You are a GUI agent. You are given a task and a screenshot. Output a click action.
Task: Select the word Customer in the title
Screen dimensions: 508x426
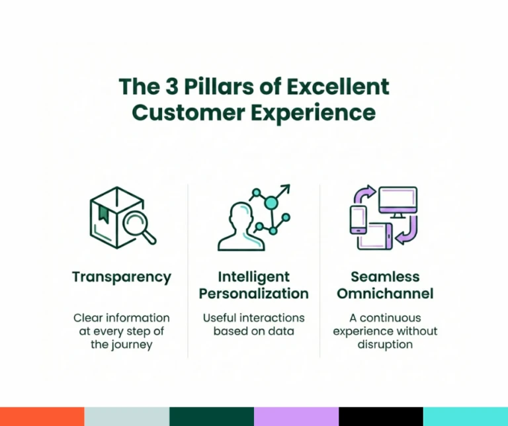[189, 112]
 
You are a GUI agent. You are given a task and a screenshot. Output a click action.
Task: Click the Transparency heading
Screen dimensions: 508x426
[122, 277]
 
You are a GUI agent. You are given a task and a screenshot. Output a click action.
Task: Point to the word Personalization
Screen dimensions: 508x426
[254, 294]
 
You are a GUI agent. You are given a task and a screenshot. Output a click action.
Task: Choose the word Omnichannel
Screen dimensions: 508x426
[385, 294]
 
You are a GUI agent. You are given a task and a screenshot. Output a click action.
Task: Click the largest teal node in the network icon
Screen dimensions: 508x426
[271, 203]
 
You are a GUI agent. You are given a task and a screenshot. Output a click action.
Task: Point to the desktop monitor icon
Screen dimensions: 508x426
[398, 202]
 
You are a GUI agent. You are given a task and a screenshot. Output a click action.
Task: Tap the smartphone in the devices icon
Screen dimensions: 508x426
[359, 220]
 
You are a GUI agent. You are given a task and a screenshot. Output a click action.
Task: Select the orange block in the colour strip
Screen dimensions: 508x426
[42, 417]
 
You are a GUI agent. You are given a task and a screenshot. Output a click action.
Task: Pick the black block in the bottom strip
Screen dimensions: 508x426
[381, 417]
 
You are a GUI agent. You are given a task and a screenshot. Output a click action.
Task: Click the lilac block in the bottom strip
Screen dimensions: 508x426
[296, 417]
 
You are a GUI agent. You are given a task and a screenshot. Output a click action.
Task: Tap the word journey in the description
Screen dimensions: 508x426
[132, 345]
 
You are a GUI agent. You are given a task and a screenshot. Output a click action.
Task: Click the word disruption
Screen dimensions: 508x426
[385, 345]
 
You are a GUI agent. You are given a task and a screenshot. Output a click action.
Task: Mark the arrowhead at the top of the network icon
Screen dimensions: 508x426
[286, 188]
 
